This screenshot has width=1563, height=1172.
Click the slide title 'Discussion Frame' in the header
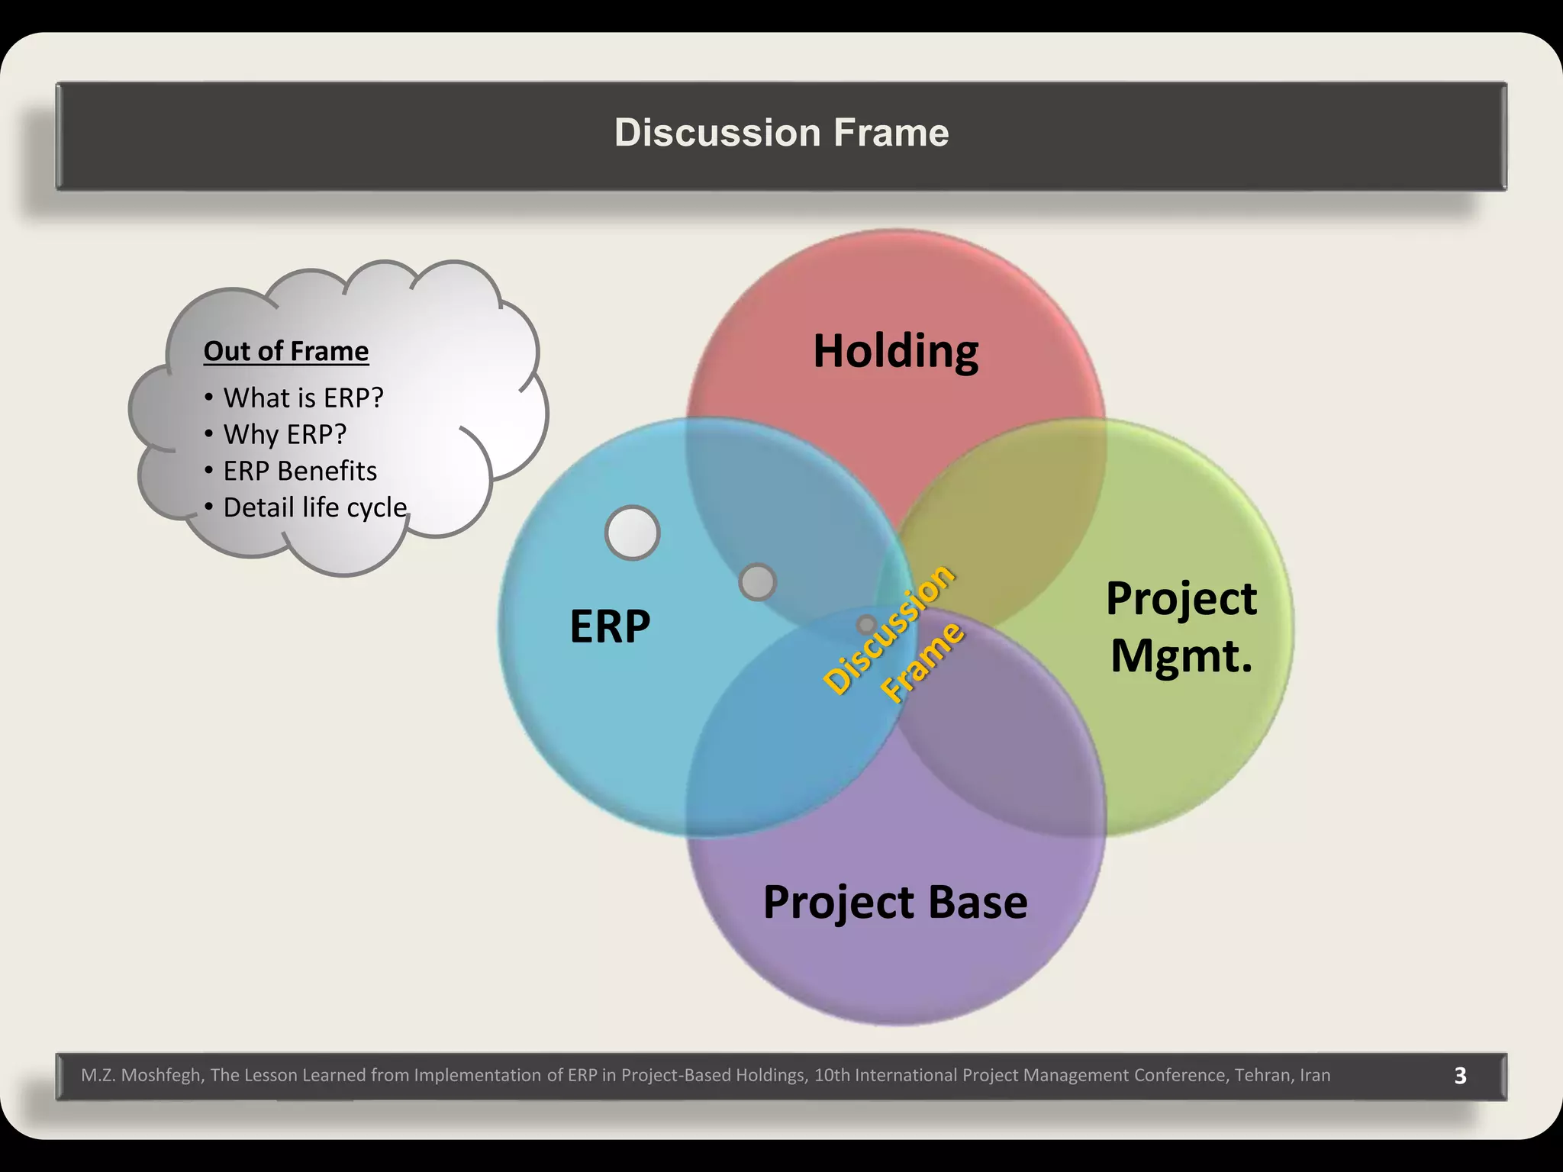[781, 133]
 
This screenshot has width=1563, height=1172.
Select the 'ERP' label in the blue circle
[610, 626]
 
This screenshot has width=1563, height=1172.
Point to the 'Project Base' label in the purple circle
[895, 902]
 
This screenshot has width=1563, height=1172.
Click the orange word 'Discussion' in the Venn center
[890, 629]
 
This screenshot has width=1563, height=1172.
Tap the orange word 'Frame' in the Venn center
[923, 662]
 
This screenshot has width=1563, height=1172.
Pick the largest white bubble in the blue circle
[632, 533]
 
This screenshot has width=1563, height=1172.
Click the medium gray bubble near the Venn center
[758, 582]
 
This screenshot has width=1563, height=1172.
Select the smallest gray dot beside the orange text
[865, 625]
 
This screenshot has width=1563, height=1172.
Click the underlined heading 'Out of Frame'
[286, 351]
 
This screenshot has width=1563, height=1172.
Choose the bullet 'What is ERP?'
[303, 398]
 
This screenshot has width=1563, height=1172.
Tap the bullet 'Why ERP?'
[285, 434]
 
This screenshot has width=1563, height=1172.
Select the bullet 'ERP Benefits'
[300, 471]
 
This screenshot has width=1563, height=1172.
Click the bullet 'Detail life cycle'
[315, 507]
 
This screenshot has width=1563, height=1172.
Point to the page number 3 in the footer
[1460, 1075]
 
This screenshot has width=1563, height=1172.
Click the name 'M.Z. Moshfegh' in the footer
[141, 1075]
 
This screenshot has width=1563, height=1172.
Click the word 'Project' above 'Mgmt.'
[1181, 598]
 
